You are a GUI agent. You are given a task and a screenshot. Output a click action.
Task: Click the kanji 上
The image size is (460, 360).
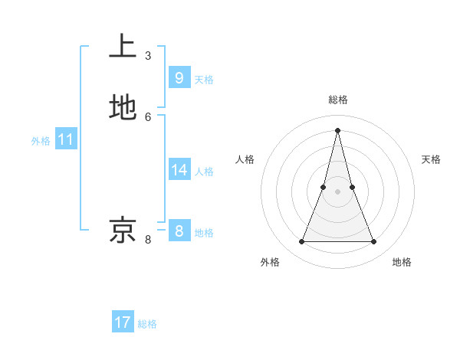pyautogui.click(x=123, y=46)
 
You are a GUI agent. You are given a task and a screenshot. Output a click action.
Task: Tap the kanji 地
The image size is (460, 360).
pyautogui.click(x=123, y=108)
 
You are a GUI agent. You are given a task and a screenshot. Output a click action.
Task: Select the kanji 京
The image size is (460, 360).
pyautogui.click(x=123, y=230)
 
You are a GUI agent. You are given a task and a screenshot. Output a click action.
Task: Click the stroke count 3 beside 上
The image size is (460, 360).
pyautogui.click(x=148, y=56)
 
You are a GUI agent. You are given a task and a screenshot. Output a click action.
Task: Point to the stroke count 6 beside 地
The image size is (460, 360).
pyautogui.click(x=148, y=117)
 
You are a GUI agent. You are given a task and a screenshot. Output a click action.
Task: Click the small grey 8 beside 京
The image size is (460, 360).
pyautogui.click(x=148, y=240)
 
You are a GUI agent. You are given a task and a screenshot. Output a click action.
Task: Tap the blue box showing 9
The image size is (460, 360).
pyautogui.click(x=179, y=77)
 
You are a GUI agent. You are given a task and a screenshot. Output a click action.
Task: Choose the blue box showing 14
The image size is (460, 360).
pyautogui.click(x=179, y=169)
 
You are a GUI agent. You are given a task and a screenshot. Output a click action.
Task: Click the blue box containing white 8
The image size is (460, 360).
pyautogui.click(x=179, y=231)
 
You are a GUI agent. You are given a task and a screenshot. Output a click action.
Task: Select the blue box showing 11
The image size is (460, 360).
pyautogui.click(x=66, y=139)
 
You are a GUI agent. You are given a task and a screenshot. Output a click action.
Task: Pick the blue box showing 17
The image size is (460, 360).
pyautogui.click(x=123, y=322)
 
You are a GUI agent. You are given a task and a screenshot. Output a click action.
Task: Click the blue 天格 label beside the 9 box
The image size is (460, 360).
pyautogui.click(x=204, y=80)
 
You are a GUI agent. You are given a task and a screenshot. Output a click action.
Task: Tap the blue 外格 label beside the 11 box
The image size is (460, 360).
pyautogui.click(x=41, y=141)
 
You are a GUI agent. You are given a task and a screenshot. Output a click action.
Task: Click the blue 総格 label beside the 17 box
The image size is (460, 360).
pyautogui.click(x=147, y=324)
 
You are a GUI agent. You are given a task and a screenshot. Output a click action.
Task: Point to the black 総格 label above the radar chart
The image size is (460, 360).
pyautogui.click(x=338, y=100)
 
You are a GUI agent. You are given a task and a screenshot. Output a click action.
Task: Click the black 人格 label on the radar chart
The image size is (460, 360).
pyautogui.click(x=245, y=159)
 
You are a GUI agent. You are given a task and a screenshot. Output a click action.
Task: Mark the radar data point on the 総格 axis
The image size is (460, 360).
pyautogui.click(x=338, y=129)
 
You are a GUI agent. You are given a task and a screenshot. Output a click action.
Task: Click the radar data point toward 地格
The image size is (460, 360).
pyautogui.click(x=374, y=242)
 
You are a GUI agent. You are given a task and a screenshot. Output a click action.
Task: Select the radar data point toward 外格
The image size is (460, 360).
pyautogui.click(x=301, y=242)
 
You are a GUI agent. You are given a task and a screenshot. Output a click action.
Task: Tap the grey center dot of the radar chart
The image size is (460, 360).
pyautogui.click(x=338, y=191)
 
